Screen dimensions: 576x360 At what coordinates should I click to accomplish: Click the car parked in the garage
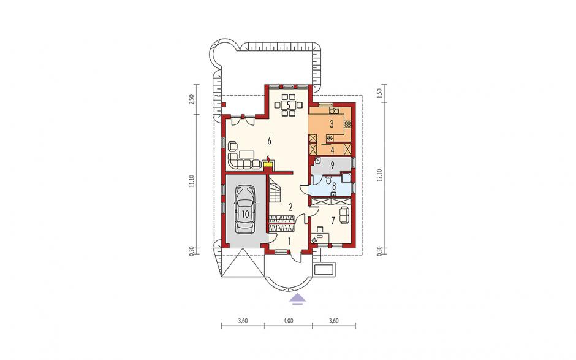point(245,210)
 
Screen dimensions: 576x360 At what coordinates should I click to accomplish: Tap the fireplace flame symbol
point(268,158)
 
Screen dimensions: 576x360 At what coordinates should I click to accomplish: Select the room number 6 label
point(269,140)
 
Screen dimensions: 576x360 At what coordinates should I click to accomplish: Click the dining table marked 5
point(289,105)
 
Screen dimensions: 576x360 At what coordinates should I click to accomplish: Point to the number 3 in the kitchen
point(332,124)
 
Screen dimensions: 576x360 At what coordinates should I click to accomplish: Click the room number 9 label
point(332,166)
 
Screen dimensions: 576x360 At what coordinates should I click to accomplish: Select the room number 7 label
point(333,221)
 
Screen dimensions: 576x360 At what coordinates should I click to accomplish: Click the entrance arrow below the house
point(297,299)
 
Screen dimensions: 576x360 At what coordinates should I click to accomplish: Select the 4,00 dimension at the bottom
point(289,320)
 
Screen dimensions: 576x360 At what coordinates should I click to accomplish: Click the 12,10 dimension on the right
point(380,175)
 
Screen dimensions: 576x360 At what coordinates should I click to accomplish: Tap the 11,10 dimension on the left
point(191,182)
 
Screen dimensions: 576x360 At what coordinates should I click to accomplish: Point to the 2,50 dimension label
point(191,99)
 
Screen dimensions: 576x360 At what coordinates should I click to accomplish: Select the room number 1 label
point(289,242)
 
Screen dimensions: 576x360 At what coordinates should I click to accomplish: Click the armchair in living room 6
point(233,147)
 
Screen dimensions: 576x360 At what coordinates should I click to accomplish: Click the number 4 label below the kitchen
point(332,150)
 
